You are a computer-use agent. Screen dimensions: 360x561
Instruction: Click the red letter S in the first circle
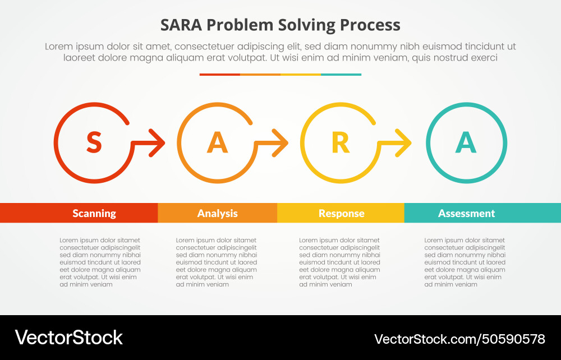94,142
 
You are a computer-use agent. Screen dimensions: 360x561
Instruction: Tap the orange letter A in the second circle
217,142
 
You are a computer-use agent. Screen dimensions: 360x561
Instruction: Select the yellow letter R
341,142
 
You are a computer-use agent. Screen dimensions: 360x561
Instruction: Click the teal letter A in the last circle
466,142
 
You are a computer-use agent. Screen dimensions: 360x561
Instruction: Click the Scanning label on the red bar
94,213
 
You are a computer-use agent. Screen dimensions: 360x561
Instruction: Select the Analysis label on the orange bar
217,213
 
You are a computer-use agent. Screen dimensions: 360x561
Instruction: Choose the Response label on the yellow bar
341,213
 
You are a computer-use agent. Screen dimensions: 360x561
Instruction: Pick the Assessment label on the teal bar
466,213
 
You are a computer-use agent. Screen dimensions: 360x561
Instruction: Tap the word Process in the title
377,25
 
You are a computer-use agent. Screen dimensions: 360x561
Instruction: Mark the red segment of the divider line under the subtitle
219,74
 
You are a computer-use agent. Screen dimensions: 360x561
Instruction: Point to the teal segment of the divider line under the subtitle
341,74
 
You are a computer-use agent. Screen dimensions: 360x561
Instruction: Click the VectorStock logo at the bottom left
68,338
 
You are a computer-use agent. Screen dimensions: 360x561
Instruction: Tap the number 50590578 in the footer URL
513,339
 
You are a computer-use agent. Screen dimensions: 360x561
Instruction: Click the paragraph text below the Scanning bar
100,262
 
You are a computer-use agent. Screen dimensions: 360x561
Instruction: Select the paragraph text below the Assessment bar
465,262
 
